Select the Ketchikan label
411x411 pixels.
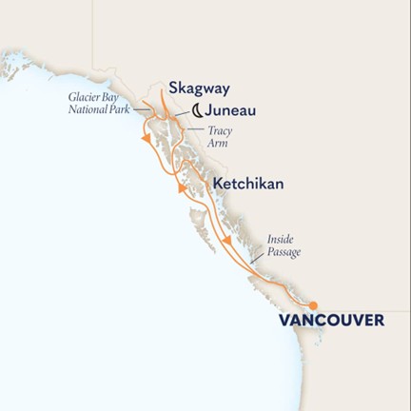point(247,182)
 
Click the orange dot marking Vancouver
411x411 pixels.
point(314,304)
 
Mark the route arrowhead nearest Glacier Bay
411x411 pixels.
point(146,140)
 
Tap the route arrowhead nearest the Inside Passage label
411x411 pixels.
point(229,252)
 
